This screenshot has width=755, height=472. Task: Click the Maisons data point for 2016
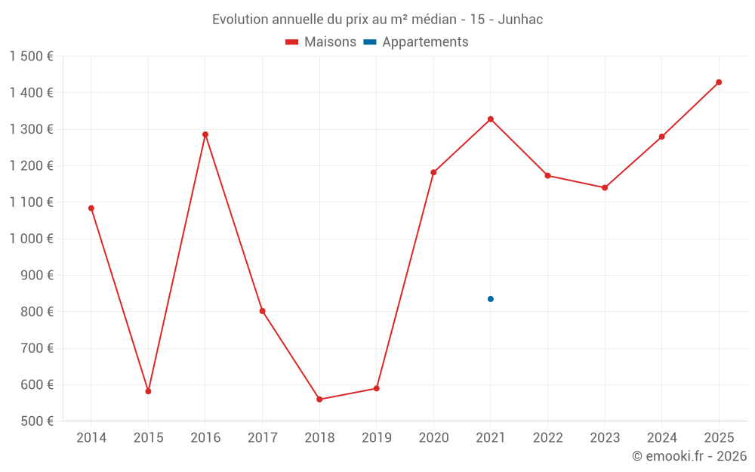coord(205,134)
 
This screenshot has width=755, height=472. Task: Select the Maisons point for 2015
coord(148,391)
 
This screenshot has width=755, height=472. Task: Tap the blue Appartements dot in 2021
coord(491,299)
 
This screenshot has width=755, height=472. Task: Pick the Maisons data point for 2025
coord(719,82)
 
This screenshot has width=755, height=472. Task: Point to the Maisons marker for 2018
coord(319,400)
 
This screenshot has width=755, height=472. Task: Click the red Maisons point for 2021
coord(491,119)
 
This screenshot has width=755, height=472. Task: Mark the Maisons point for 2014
coord(91,208)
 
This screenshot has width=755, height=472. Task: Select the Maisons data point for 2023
coord(605,188)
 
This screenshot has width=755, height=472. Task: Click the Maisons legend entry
coord(321,42)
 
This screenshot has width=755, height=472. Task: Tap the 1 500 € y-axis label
coord(32,57)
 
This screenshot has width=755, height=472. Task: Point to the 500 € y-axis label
coord(36,421)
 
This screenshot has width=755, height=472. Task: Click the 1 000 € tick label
coord(32,239)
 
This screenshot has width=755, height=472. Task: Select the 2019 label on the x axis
coord(377,438)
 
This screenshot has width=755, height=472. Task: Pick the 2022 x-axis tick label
coord(548,438)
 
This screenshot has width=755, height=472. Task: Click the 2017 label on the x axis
coord(262,438)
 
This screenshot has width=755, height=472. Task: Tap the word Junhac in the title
coord(522,20)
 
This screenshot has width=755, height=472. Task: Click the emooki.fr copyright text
coord(689,456)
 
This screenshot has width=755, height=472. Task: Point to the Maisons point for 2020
coord(433,173)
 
